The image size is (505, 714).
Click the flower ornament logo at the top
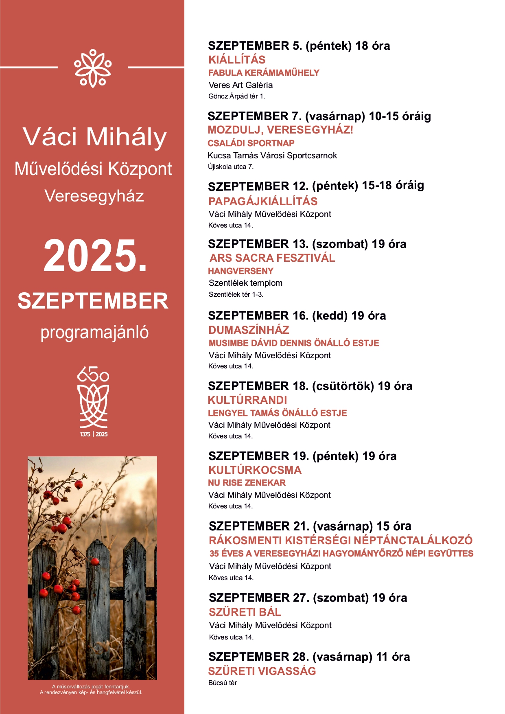(x=93, y=68)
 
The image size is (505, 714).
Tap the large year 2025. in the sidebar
(x=95, y=256)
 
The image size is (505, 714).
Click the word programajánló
(x=94, y=333)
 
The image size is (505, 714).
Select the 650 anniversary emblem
(x=93, y=397)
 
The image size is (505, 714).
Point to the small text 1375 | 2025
(x=94, y=434)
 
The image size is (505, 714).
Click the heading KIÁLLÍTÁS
(x=237, y=60)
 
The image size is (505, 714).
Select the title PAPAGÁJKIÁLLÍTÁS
(x=263, y=201)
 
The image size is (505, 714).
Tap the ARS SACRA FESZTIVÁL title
(x=272, y=258)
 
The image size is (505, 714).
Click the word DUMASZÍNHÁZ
(x=249, y=330)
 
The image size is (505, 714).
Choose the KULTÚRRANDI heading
(x=247, y=400)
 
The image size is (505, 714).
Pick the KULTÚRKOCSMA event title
(x=255, y=470)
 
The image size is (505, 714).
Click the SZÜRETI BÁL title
(x=245, y=612)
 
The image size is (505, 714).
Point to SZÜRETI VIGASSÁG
(x=262, y=671)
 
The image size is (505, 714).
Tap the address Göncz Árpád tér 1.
(x=236, y=96)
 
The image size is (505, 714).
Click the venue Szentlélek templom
(x=245, y=283)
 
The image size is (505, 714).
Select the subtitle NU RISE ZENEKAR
(x=247, y=483)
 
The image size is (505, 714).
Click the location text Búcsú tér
(x=223, y=683)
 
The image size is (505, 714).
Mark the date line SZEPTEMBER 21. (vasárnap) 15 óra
(x=310, y=526)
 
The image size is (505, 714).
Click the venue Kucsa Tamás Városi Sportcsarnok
(x=272, y=156)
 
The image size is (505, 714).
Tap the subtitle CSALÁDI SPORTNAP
(x=251, y=143)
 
